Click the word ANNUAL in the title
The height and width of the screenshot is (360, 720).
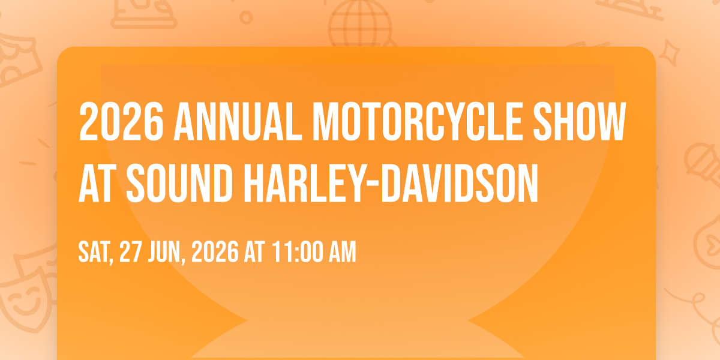click(238, 121)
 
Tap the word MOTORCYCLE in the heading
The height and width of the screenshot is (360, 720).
click(417, 121)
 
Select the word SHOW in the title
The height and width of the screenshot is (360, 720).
click(580, 121)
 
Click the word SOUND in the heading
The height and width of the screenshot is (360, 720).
click(179, 183)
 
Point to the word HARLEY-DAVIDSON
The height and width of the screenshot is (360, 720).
click(391, 183)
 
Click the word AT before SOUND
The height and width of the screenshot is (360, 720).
click(97, 183)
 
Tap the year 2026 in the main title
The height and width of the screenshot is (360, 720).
click(121, 121)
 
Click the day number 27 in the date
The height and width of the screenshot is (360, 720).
click(131, 251)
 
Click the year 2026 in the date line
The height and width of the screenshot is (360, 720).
click(215, 251)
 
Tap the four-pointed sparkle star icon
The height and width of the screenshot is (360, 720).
click(669, 53)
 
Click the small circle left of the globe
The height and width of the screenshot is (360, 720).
click(246, 17)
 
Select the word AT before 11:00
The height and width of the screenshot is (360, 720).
click(254, 251)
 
